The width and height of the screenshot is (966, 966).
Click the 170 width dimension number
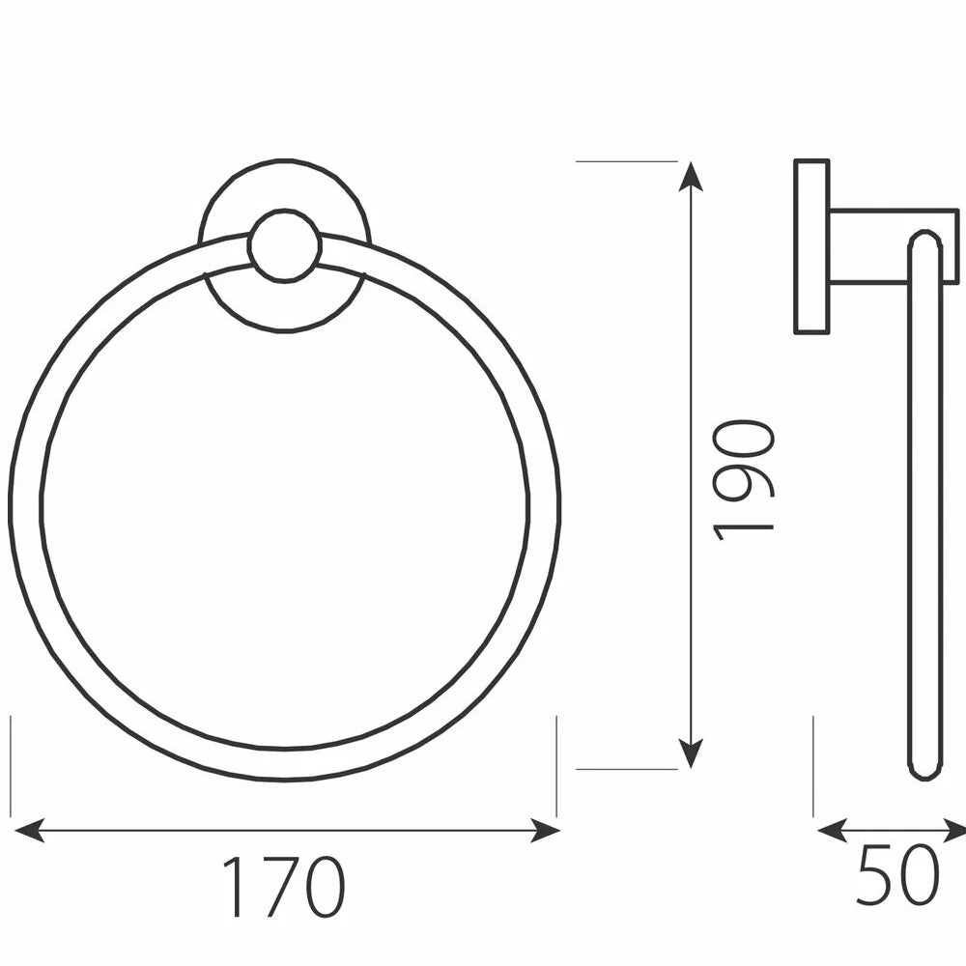[x=284, y=887]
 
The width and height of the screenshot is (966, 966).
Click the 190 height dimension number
[x=742, y=480]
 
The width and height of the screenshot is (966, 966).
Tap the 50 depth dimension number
[x=898, y=875]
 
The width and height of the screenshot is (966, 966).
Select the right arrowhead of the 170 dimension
[x=545, y=831]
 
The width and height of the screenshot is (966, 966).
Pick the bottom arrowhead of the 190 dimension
[x=691, y=753]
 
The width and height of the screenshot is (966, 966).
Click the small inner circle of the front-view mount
[x=285, y=245]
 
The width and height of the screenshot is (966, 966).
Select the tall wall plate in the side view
[x=812, y=247]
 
